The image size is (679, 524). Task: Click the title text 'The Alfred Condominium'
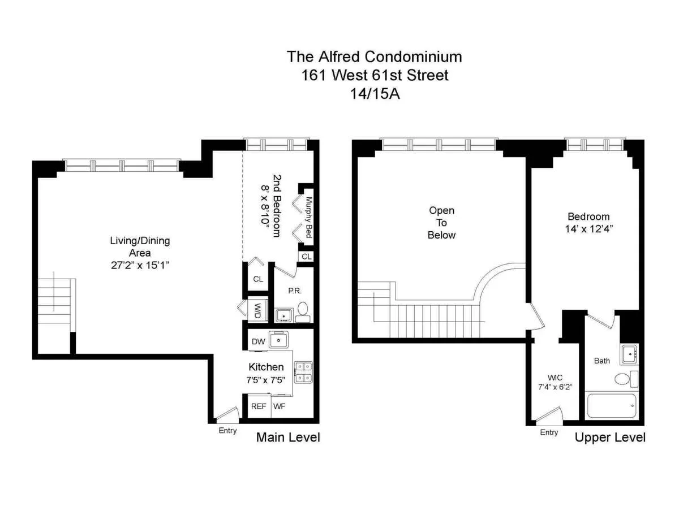[x=374, y=57]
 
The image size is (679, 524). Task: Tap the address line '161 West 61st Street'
[x=374, y=75]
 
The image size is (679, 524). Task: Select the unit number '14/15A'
[x=375, y=93]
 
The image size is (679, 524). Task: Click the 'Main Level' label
[x=288, y=437]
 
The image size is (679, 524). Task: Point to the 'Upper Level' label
[x=610, y=438]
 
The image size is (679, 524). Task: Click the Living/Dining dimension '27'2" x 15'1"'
[x=139, y=265]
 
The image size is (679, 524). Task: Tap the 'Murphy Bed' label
[x=309, y=217]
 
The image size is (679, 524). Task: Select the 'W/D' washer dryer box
[x=258, y=310]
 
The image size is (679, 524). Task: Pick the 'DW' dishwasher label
[x=258, y=341]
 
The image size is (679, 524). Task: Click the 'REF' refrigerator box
[x=259, y=406]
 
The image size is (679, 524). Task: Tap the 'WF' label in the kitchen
[x=280, y=406]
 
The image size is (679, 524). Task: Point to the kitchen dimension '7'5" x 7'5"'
[x=266, y=380]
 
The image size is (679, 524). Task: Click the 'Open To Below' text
[x=441, y=222]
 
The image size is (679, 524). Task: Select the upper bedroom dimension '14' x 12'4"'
[x=589, y=229]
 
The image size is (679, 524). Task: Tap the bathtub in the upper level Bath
[x=612, y=405]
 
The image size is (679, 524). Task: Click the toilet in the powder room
[x=303, y=309]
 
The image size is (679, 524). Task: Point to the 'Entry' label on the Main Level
[x=228, y=431]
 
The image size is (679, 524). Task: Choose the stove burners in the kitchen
[x=303, y=371]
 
